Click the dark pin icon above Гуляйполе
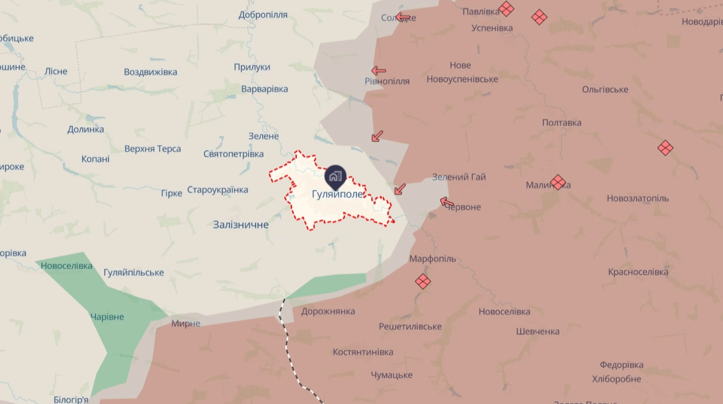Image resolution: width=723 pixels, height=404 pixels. pos(334,176)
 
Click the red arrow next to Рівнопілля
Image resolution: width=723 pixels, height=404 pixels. pos(378,70)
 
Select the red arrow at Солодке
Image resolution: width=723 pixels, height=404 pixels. pos(403,17)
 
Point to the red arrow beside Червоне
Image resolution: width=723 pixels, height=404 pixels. pos(446,202)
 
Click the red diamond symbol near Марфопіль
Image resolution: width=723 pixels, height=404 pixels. pos(423,281)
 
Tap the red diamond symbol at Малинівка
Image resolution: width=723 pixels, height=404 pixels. pos(559,181)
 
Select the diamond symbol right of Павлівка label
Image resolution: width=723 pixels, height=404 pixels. pos(507,8)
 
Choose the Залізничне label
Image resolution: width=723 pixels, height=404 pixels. pos(240,225)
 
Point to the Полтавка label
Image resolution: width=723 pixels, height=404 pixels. pos(562,123)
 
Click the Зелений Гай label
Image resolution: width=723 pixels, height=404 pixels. pos(459,177)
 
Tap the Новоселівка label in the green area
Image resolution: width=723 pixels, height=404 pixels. pos(66,266)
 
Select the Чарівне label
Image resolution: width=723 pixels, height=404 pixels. pos(107,317)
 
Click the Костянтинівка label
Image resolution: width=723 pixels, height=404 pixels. pos(363,352)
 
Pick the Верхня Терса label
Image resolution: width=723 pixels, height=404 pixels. pos(152,149)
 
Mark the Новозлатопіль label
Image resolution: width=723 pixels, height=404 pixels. pos(637,198)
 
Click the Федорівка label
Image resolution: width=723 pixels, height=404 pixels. pos(621,365)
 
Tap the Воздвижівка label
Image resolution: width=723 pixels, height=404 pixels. pos(151,72)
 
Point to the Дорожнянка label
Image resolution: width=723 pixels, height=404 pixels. pos(328,311)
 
